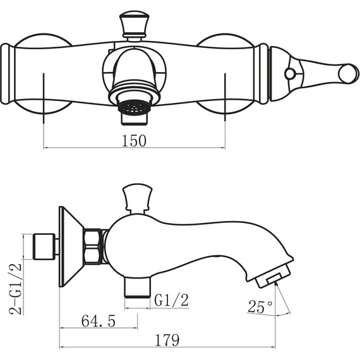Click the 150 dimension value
(x=134, y=140)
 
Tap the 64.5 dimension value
(x=99, y=321)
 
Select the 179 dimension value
(x=167, y=340)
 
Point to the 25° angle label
(x=260, y=306)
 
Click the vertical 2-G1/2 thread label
(x=16, y=289)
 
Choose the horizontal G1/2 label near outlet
(x=171, y=300)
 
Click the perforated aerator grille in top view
(x=134, y=107)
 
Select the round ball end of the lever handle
(x=348, y=74)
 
